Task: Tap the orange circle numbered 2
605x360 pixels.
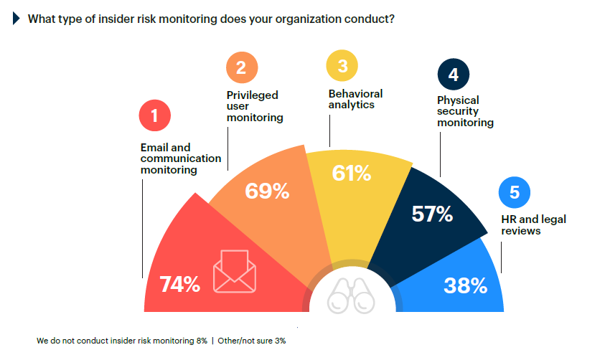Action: coord(241,67)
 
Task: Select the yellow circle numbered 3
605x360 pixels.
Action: coord(342,66)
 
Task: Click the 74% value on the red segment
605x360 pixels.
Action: coord(179,284)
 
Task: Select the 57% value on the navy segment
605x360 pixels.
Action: coord(431,214)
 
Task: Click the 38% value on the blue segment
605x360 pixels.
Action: coord(466,285)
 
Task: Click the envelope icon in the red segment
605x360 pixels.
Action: coord(234,272)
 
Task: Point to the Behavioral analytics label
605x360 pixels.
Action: coord(355,99)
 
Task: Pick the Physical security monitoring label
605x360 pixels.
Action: coord(465,111)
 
